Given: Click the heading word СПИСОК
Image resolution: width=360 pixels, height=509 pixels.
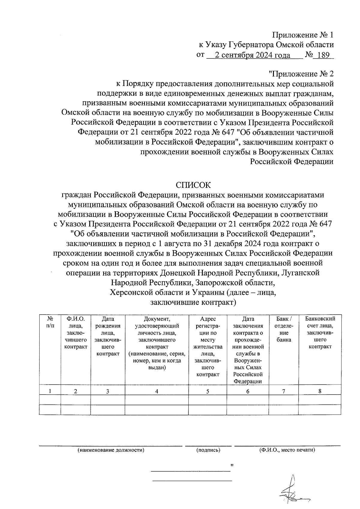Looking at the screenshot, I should pos(193,184).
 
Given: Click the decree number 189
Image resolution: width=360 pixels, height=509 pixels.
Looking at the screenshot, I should pos(323,55).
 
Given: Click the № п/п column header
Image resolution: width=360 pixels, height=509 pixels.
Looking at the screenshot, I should pos(50,322).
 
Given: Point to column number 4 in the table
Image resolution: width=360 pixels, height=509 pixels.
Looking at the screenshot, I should pos(157,391).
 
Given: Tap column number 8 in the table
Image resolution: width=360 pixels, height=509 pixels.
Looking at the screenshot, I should pos(320,391).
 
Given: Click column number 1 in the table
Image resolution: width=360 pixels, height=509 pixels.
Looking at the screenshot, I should pos(50,391).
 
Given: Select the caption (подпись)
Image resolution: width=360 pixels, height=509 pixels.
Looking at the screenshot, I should pos(208,450).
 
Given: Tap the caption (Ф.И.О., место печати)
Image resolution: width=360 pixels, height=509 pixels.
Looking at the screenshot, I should pos(287,450).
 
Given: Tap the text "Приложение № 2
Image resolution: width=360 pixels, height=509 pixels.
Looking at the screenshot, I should pos(301,74).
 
